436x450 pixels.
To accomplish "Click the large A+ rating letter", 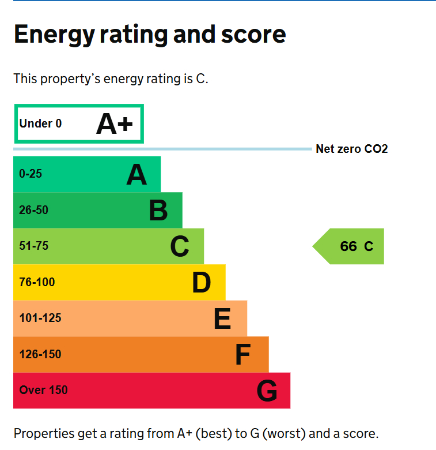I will (114, 124).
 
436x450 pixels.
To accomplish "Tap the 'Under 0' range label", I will (40, 123).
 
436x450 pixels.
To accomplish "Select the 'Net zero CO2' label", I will (351, 149).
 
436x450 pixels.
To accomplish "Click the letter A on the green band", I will (137, 174).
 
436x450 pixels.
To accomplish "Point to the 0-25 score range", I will (31, 174).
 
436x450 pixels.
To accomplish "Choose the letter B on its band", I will (158, 211).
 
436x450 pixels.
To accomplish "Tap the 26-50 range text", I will (33, 210).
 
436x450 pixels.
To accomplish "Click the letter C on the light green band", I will (180, 247).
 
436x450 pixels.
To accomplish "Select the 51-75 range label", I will (33, 246).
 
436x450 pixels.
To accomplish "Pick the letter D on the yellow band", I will (202, 283).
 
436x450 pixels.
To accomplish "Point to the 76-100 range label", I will (37, 282).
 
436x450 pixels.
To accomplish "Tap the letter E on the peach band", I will (222, 318).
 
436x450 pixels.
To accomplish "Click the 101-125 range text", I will (40, 318).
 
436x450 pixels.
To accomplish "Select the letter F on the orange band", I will (243, 355).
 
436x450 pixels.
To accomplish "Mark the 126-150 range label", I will (40, 354).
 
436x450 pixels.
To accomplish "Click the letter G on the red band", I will (267, 391).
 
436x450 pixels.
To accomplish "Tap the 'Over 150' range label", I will (43, 390).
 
